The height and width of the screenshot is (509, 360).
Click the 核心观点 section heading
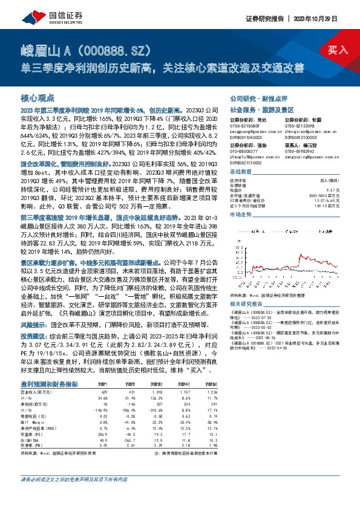point(38,97)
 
